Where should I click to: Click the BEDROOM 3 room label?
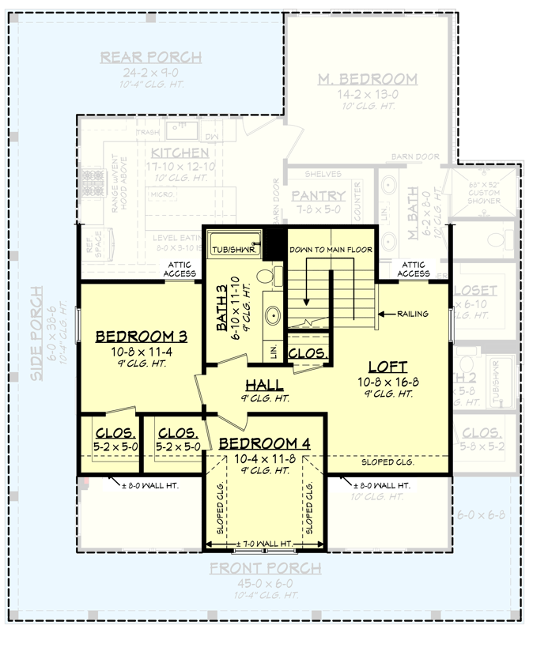pyautogui.click(x=140, y=337)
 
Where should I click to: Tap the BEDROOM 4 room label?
pyautogui.click(x=265, y=443)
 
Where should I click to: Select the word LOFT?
pyautogui.click(x=387, y=367)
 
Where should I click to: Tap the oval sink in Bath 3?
pyautogui.click(x=273, y=315)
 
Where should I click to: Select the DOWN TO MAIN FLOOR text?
pyautogui.click(x=331, y=250)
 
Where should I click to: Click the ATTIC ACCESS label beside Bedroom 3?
pyautogui.click(x=180, y=269)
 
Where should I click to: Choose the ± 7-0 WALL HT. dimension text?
pyautogui.click(x=265, y=543)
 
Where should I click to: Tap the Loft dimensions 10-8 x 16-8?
pyautogui.click(x=387, y=382)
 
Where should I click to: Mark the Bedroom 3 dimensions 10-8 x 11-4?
pyautogui.click(x=140, y=352)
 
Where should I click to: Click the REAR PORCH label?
pyautogui.click(x=150, y=58)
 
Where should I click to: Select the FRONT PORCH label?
pyautogui.click(x=265, y=568)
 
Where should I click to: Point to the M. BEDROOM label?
pyautogui.click(x=367, y=79)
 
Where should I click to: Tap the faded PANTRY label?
pyautogui.click(x=318, y=196)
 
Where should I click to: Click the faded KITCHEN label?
pyautogui.click(x=180, y=153)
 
